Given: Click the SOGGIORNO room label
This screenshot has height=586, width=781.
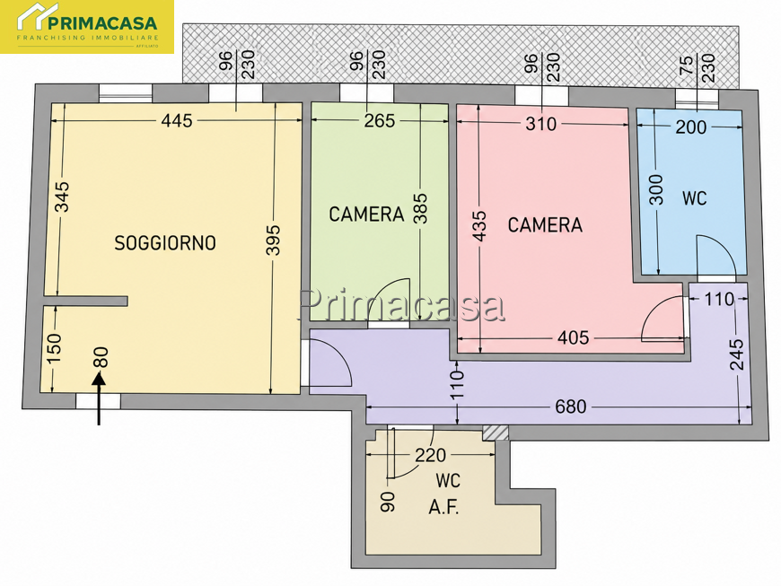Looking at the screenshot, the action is (x=165, y=243).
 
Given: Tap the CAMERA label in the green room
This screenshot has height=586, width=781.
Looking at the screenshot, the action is (x=366, y=214).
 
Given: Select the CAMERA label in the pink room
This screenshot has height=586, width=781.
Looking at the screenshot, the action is (x=545, y=225).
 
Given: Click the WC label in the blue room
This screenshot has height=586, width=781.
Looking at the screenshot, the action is (x=694, y=198).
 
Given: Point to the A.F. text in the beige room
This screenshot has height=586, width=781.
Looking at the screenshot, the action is (x=443, y=508).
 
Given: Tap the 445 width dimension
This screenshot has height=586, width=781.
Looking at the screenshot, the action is (x=177, y=120).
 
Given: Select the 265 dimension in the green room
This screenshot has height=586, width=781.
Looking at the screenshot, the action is (x=379, y=120).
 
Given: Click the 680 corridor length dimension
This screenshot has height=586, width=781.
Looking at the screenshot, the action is (x=570, y=407).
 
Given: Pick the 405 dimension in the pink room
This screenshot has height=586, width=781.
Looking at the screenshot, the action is (x=574, y=337).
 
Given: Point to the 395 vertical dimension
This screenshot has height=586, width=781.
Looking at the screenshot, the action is (x=273, y=241).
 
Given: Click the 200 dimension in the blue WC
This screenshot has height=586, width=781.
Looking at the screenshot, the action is (x=691, y=127).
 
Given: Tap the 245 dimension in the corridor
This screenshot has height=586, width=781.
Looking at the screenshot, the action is (x=737, y=354).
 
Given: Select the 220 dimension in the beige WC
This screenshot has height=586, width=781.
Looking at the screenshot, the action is (x=430, y=455).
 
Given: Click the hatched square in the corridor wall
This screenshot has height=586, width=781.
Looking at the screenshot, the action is (x=496, y=433).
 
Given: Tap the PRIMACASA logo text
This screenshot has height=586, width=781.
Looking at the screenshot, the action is (x=102, y=23).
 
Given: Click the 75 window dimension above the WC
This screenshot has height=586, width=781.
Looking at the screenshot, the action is (x=686, y=65).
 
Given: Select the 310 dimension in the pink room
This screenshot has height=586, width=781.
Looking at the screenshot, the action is (x=541, y=124).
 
